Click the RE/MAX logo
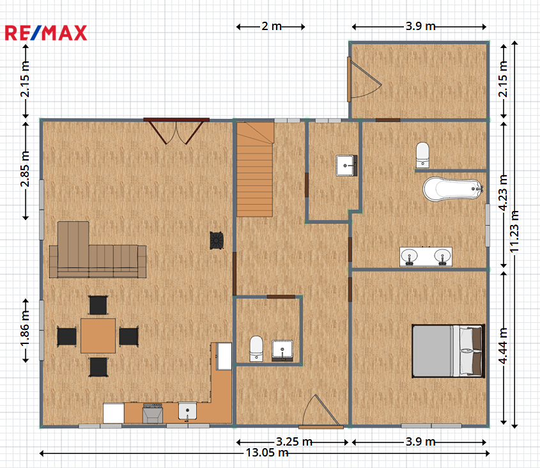pyautogui.click(x=46, y=33)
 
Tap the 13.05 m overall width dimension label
pyautogui.click(x=267, y=453)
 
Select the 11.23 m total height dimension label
pyautogui.click(x=514, y=231)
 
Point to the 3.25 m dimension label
pyautogui.click(x=294, y=441)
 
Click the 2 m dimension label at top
pyautogui.click(x=272, y=26)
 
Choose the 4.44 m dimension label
pyautogui.click(x=503, y=346)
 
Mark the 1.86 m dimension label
pyautogui.click(x=25, y=330)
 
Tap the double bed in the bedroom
pyautogui.click(x=449, y=350)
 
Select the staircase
pyautogui.click(x=255, y=169)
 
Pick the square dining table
pyautogui.click(x=98, y=336)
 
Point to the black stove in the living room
pyautogui.click(x=217, y=240)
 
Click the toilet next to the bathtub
pyautogui.click(x=422, y=155)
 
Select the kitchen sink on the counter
pyautogui.click(x=187, y=411)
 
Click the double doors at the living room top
pyautogui.click(x=176, y=130)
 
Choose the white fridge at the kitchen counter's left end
pyautogui.click(x=114, y=413)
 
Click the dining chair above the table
pyautogui.click(x=98, y=305)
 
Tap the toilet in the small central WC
pyautogui.click(x=256, y=348)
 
